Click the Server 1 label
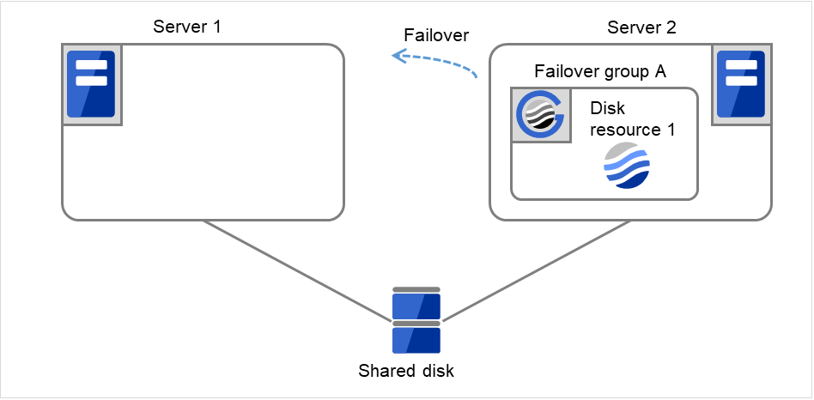coord(187,27)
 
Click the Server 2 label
coord(641,27)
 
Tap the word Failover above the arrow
coord(436,35)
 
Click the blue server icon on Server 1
coord(91,83)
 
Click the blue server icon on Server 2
coord(739,83)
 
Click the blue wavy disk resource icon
coord(627,166)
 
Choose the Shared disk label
coord(406,372)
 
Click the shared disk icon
coord(416,320)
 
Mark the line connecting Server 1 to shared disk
coord(296,270)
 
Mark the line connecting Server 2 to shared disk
coord(537,270)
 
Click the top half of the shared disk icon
coord(416,305)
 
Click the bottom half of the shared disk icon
coord(416,338)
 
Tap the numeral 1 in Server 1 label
coord(216,27)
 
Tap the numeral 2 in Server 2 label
coord(671,27)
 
